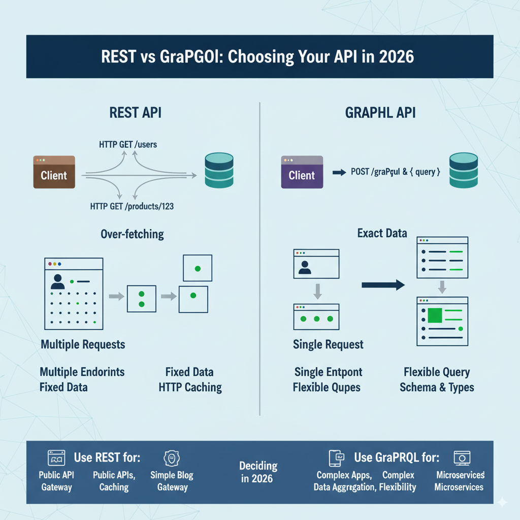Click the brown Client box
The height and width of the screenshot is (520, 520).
click(54, 172)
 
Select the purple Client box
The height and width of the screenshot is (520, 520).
click(302, 172)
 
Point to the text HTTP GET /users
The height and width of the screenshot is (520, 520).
click(128, 145)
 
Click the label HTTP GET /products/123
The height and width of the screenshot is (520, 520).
click(133, 207)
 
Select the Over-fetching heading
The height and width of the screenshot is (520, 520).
click(132, 234)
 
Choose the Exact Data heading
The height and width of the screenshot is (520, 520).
click(382, 233)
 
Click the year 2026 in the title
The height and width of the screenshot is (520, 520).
click(395, 56)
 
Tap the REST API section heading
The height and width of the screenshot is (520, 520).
click(135, 113)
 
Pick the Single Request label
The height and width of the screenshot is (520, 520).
click(328, 345)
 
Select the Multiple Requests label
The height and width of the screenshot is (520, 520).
click(83, 345)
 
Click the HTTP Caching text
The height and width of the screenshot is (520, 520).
click(190, 387)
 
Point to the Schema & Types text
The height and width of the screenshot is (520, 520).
click(437, 387)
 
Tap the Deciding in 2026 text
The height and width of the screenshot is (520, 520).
click(258, 472)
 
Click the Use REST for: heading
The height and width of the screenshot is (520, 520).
click(107, 458)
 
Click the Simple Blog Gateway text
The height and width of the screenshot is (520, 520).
click(172, 481)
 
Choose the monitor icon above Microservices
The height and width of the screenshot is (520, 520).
click(462, 458)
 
